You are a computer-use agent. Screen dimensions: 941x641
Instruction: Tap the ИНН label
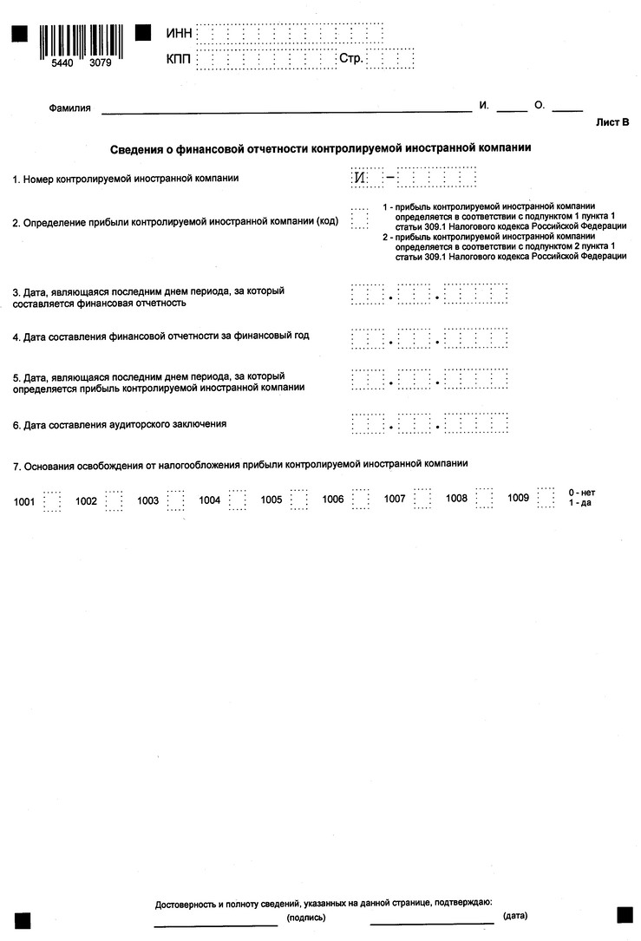pyautogui.click(x=178, y=34)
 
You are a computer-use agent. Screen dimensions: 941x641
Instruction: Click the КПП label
pyautogui.click(x=178, y=60)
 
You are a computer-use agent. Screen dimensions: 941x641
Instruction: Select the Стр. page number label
pyautogui.click(x=350, y=60)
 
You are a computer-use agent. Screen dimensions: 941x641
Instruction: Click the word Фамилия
pyautogui.click(x=70, y=108)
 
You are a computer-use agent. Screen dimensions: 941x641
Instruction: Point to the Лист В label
pyautogui.click(x=612, y=122)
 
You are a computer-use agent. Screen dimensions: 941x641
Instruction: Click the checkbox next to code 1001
pyautogui.click(x=52, y=500)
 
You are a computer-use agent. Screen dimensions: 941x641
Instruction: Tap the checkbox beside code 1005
pyautogui.click(x=299, y=500)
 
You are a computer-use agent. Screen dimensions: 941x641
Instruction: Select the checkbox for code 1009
pyautogui.click(x=546, y=500)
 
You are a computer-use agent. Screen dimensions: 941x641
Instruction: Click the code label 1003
pyautogui.click(x=147, y=500)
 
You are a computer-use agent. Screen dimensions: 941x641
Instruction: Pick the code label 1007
pyautogui.click(x=395, y=500)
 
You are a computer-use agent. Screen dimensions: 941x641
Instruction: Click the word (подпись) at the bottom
pyautogui.click(x=305, y=917)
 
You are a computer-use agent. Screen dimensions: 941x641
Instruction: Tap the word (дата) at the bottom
pyautogui.click(x=514, y=916)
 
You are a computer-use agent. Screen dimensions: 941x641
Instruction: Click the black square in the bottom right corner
pyautogui.click(x=625, y=916)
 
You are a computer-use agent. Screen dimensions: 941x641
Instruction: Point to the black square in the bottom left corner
pyautogui.click(x=20, y=920)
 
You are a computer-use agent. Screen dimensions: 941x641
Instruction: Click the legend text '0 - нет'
pyautogui.click(x=581, y=493)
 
